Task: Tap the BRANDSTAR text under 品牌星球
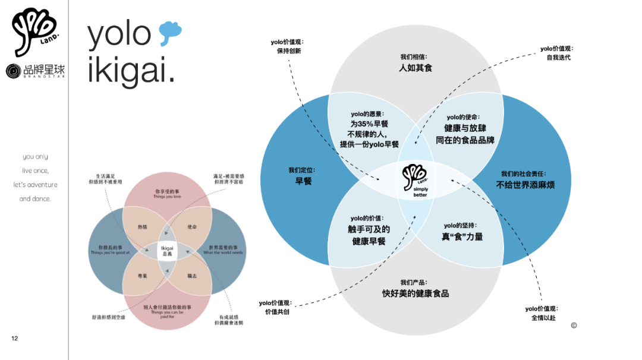coord(44,77)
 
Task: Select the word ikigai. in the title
coord(131,70)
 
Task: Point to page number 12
coord(14,339)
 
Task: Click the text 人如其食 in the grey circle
coord(416,68)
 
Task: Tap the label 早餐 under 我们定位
coord(303,181)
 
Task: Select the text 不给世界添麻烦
coord(525,185)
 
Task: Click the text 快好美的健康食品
coord(416,293)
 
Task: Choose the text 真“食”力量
coord(462,236)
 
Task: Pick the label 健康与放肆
coord(465,128)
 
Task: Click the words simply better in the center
coord(420,192)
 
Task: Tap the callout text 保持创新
coord(289,51)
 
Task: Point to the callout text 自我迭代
coord(558,58)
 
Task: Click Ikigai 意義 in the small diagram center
coord(167,250)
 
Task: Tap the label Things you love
coord(167,197)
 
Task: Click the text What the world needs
coord(223,252)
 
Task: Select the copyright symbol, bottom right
coord(574,325)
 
